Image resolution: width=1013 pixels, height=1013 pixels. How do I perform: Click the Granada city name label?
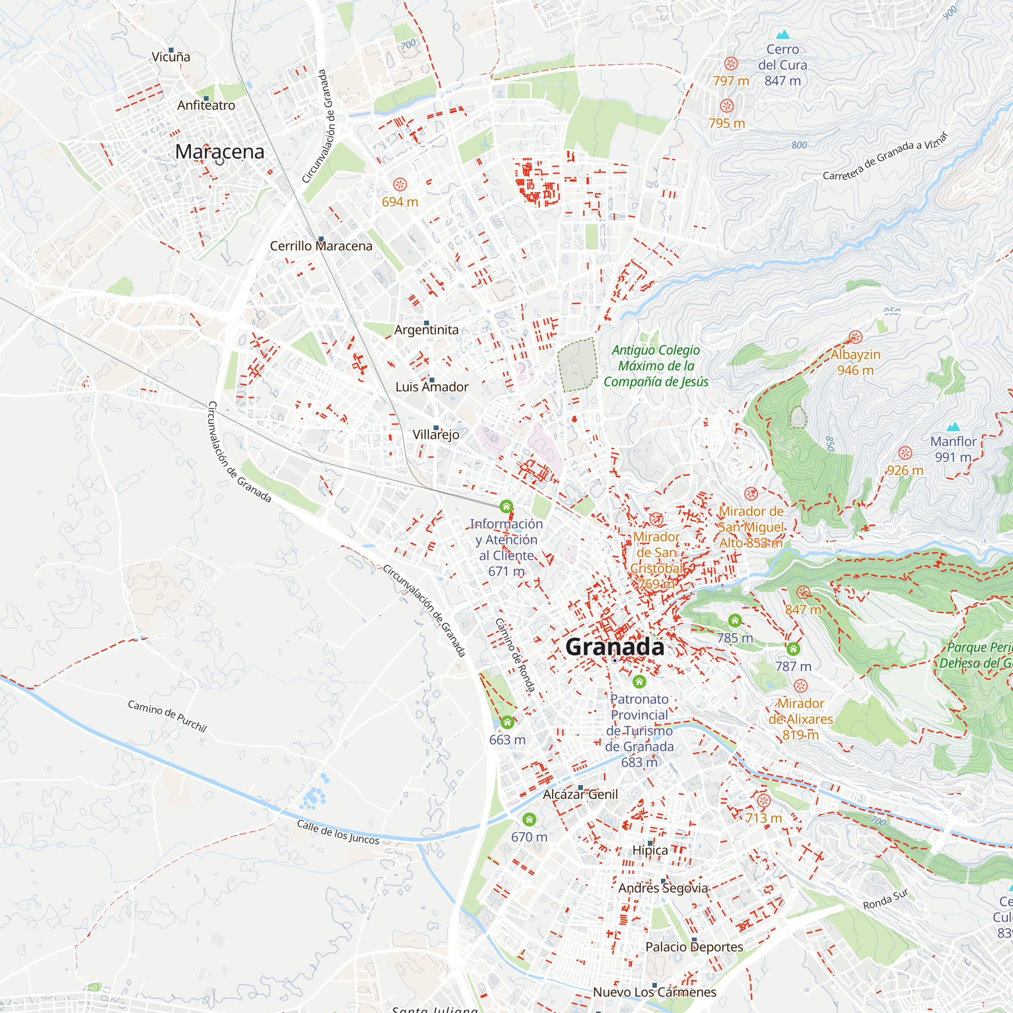pyautogui.click(x=614, y=647)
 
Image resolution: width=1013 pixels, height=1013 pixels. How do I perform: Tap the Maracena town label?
pyautogui.click(x=219, y=151)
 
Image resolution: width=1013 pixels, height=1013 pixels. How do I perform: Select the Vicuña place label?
pyautogui.click(x=170, y=57)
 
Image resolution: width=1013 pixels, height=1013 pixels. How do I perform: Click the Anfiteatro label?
pyautogui.click(x=206, y=105)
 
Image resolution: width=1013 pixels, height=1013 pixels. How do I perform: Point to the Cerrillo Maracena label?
pyautogui.click(x=321, y=246)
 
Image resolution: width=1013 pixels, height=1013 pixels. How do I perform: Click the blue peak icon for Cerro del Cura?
pyautogui.click(x=783, y=34)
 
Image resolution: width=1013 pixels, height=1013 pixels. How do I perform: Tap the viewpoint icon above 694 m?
pyautogui.click(x=400, y=184)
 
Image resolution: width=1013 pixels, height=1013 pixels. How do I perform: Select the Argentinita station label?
pyautogui.click(x=426, y=330)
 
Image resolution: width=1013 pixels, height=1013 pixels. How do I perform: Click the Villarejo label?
pyautogui.click(x=436, y=435)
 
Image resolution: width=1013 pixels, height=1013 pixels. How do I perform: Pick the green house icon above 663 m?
pyautogui.click(x=507, y=723)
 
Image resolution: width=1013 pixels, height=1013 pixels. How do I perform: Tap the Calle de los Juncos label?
pyautogui.click(x=338, y=832)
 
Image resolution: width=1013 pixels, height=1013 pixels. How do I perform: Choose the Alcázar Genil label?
pyautogui.click(x=580, y=794)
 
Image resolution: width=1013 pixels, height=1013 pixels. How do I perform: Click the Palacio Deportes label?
pyautogui.click(x=694, y=947)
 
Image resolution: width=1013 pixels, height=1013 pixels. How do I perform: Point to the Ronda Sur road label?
pyautogui.click(x=885, y=900)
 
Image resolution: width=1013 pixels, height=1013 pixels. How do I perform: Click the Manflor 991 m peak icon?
pyautogui.click(x=953, y=427)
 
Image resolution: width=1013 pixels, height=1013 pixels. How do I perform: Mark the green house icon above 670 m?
pyautogui.click(x=529, y=820)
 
